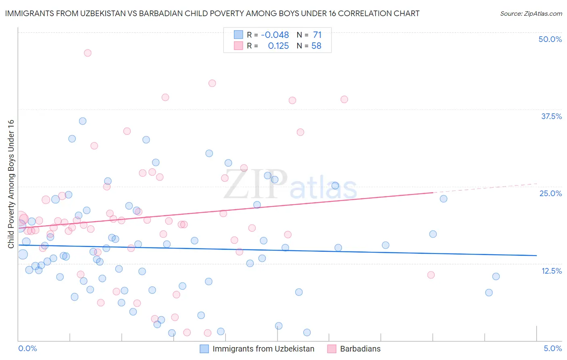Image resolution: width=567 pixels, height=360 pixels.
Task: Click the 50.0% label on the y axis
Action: (x=550, y=39)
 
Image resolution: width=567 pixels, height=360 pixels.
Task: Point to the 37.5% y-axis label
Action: (x=551, y=116)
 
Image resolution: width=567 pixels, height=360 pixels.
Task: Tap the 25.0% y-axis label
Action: (x=550, y=193)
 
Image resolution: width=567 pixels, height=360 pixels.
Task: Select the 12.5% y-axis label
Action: (x=551, y=271)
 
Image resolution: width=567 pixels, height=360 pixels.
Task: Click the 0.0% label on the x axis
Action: (x=27, y=348)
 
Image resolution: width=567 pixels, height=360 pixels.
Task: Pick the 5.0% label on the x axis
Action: (x=552, y=348)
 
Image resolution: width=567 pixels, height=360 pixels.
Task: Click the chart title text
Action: (x=212, y=13)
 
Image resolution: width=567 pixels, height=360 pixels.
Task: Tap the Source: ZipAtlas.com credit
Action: (x=531, y=13)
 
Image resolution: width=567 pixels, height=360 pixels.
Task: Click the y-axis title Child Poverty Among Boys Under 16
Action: (x=11, y=184)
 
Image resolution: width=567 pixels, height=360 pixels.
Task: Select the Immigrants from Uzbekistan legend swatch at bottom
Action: (x=204, y=349)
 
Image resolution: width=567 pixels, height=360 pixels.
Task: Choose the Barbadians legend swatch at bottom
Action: (x=332, y=349)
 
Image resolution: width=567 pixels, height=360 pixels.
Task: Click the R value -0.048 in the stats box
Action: (x=275, y=35)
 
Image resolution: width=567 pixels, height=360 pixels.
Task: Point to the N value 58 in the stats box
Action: (x=316, y=46)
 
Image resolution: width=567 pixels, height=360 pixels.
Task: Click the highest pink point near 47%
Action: (x=88, y=53)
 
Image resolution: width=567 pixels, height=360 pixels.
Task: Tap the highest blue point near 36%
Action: (x=83, y=121)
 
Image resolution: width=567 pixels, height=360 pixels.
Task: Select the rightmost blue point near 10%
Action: (x=496, y=276)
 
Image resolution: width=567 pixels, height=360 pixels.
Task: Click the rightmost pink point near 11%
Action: (x=431, y=275)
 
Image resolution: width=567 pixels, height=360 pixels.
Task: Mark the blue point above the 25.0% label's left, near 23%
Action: (x=444, y=199)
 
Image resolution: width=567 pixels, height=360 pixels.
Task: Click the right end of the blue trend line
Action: (x=536, y=255)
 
